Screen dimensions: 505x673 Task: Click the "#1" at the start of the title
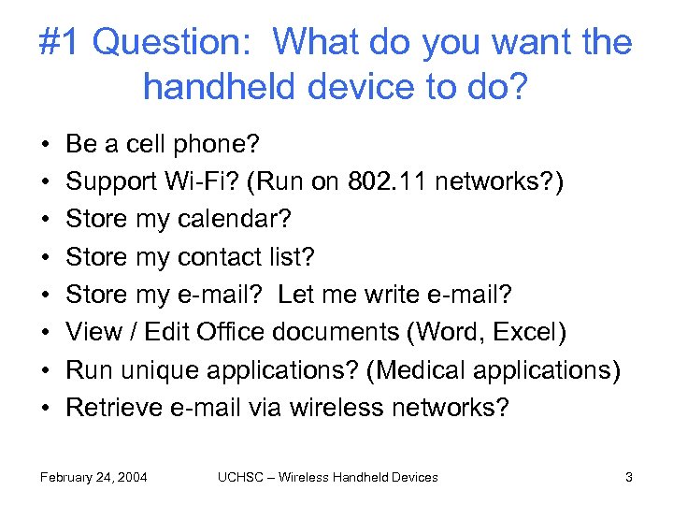coord(61,43)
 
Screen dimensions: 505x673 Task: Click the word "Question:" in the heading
coord(177,43)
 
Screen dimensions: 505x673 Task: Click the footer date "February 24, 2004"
coord(93,477)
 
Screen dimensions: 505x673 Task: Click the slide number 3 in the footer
coord(629,477)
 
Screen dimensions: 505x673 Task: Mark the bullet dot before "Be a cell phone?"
coord(45,145)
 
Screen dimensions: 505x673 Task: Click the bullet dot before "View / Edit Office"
coord(45,333)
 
